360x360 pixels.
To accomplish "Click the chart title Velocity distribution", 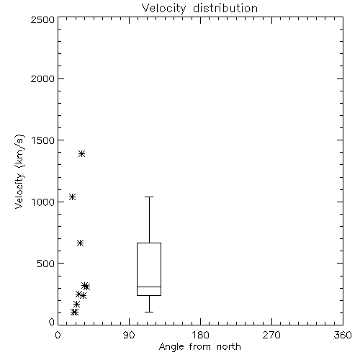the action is click(x=199, y=9).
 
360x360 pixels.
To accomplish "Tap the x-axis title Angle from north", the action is click(x=199, y=347).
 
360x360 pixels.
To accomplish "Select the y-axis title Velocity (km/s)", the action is click(x=19, y=171).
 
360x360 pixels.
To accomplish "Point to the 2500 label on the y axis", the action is click(x=42, y=20).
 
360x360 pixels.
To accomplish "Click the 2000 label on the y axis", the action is click(x=42, y=79).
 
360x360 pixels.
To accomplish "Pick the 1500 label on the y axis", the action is click(x=43, y=140).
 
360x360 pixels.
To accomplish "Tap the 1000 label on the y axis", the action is click(x=43, y=202).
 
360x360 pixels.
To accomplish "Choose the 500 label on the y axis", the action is click(x=46, y=264).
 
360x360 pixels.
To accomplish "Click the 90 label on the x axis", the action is click(x=129, y=336).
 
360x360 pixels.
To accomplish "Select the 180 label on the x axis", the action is click(x=200, y=336).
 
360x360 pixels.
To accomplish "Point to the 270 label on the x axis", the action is click(x=271, y=336).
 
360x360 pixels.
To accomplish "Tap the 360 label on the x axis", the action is click(x=343, y=336).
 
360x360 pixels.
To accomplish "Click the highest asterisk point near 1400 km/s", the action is click(x=82, y=153).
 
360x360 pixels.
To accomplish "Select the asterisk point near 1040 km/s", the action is click(x=72, y=197).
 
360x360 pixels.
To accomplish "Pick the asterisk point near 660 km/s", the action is click(x=80, y=243).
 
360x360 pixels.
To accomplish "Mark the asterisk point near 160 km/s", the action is click(x=76, y=305).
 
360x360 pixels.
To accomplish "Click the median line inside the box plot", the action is click(x=149, y=287).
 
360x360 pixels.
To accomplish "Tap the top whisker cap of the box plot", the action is click(x=149, y=197).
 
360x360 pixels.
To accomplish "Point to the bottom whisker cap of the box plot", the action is click(x=149, y=312).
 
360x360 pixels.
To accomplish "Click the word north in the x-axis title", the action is click(x=229, y=347).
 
